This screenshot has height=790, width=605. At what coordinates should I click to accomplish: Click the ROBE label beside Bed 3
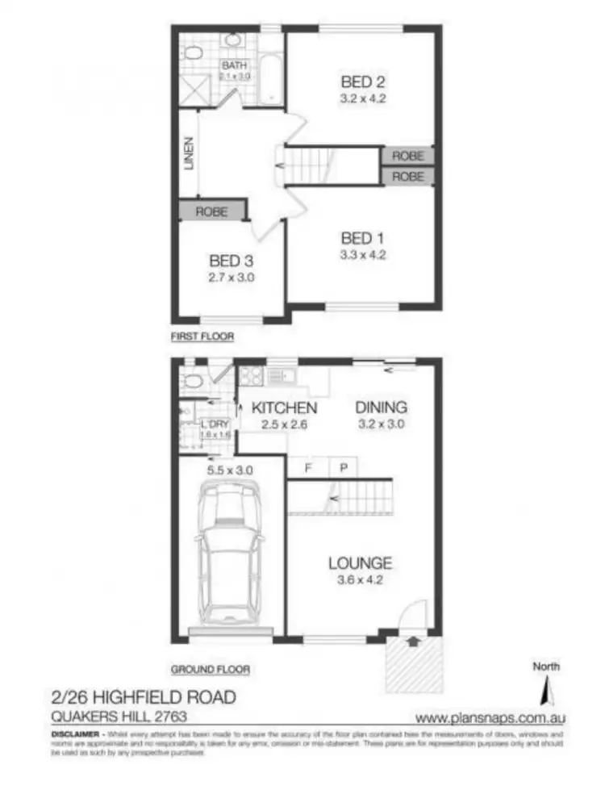point(211,212)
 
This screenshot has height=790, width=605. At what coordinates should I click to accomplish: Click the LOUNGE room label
point(360,562)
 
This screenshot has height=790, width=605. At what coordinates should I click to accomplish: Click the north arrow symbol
point(546,690)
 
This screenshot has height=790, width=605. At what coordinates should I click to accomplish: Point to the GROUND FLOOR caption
point(210,669)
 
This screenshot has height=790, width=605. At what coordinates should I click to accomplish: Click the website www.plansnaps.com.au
point(490,717)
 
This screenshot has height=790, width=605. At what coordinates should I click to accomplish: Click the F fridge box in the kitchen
point(309,466)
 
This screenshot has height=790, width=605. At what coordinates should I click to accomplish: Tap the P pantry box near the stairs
point(341,466)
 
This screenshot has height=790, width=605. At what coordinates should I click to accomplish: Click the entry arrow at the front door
point(415,642)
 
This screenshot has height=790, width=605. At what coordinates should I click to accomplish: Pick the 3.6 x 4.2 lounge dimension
point(360,580)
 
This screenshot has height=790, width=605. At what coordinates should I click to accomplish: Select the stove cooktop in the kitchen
point(250,375)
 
